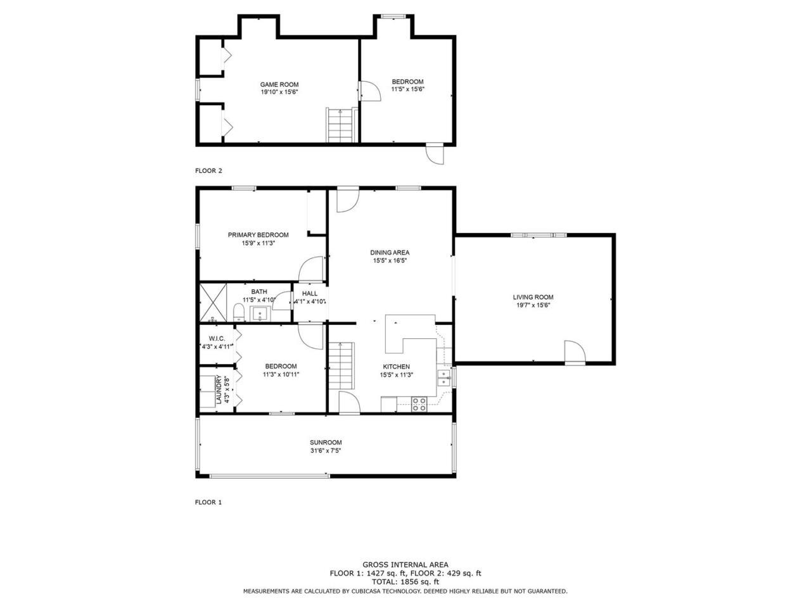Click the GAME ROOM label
tap(279, 84)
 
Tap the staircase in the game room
tap(340, 125)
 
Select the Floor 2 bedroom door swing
tap(371, 91)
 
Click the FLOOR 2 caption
tap(208, 170)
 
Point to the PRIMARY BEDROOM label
tap(258, 235)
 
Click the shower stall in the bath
tap(213, 302)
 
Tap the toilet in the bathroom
tap(239, 312)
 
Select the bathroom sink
tap(260, 313)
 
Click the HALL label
tap(310, 293)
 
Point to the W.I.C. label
tap(217, 338)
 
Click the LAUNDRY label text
tap(219, 389)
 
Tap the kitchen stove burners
tap(419, 404)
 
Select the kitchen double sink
tap(444, 377)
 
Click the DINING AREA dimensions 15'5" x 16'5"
tap(390, 261)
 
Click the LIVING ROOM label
tap(533, 297)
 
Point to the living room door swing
tap(575, 351)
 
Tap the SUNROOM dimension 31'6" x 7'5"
tap(326, 450)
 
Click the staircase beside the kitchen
tap(342, 365)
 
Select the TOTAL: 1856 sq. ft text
tap(405, 582)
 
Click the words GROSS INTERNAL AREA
tap(405, 564)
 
